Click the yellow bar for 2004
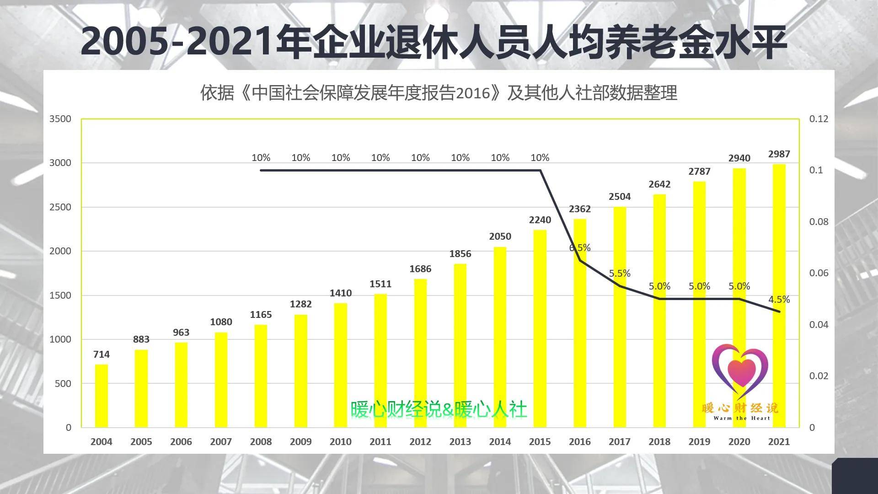pos(101,396)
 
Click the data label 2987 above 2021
pos(779,154)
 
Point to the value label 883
pos(141,339)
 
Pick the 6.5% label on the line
pos(580,248)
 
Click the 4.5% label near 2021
pos(779,300)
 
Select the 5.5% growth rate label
pos(620,274)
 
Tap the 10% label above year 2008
pos(261,158)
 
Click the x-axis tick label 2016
pos(579,442)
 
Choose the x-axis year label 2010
pos(340,442)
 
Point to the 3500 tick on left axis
pos(60,119)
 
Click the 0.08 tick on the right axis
pos(819,222)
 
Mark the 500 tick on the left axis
pos(63,384)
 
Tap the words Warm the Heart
pos(741,418)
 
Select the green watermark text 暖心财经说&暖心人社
pos(439,409)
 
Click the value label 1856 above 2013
pos(460,254)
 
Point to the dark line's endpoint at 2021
pos(779,312)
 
